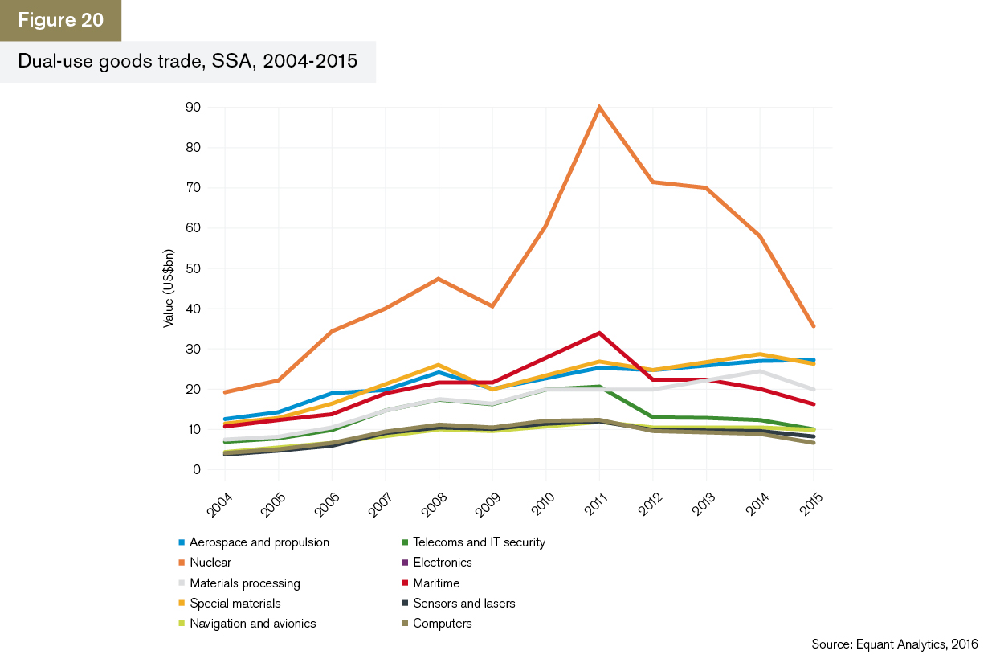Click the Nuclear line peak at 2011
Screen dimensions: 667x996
click(599, 107)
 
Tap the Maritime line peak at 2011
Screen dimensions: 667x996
click(599, 333)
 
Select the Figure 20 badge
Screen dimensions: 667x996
click(61, 20)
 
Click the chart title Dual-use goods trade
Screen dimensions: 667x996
click(188, 62)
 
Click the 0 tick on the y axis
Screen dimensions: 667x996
click(195, 470)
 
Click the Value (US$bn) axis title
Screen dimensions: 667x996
click(169, 287)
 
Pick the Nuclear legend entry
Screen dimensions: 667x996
click(210, 563)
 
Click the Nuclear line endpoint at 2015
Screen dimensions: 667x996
click(814, 326)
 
